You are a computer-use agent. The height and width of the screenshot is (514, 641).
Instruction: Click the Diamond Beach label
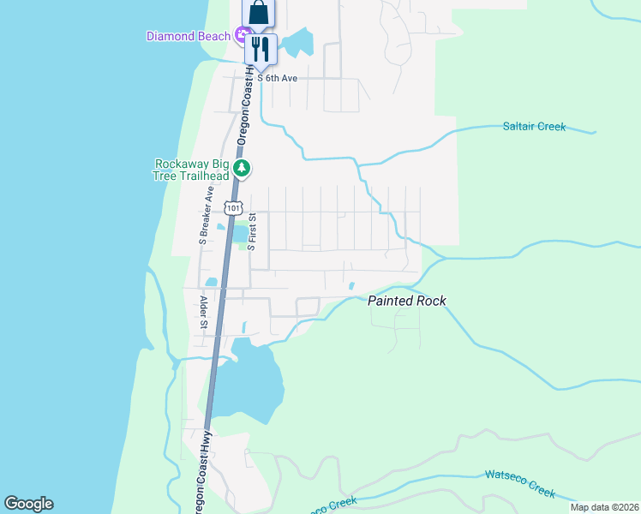pyautogui.click(x=189, y=36)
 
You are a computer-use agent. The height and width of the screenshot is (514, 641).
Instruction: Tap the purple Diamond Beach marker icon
pyautogui.click(x=243, y=36)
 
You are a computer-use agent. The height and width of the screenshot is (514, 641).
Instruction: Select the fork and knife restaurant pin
pyautogui.click(x=261, y=48)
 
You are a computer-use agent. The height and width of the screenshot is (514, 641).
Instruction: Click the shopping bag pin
pyautogui.click(x=259, y=15)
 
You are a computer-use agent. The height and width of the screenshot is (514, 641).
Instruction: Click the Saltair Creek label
pyautogui.click(x=534, y=127)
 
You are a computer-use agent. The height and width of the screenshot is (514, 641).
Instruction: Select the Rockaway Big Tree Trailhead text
pyautogui.click(x=193, y=170)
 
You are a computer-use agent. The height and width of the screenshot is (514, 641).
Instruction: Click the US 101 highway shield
pyautogui.click(x=234, y=207)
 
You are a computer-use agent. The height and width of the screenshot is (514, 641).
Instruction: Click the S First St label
pyautogui.click(x=252, y=231)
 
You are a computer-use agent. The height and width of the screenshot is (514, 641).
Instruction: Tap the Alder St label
pyautogui.click(x=204, y=312)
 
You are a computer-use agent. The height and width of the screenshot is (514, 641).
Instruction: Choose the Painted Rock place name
pyautogui.click(x=407, y=301)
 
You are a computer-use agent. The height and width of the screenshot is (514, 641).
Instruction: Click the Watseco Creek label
pyautogui.click(x=520, y=483)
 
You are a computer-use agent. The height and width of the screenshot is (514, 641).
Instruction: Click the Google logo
pyautogui.click(x=29, y=504)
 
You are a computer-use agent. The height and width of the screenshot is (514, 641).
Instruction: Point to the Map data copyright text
pyautogui.click(x=604, y=507)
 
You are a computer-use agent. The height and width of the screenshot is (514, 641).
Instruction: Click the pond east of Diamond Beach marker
pyautogui.click(x=299, y=43)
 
